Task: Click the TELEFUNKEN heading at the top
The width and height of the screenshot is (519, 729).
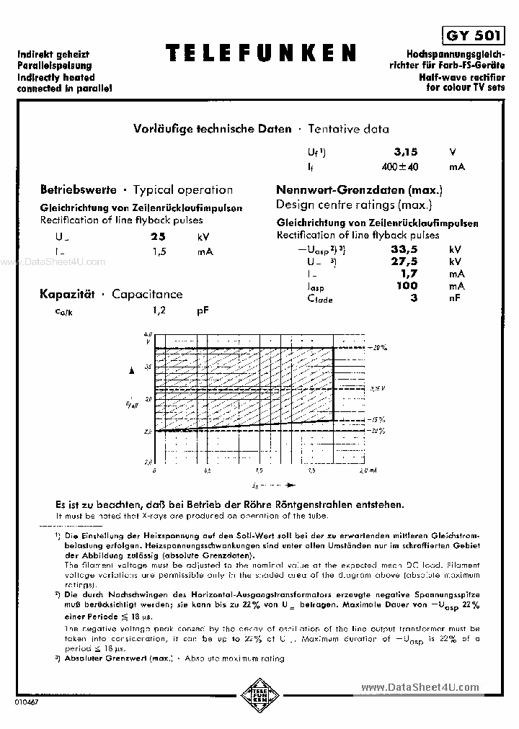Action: [x=260, y=53]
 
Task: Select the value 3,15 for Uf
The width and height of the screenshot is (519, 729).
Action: [x=406, y=152]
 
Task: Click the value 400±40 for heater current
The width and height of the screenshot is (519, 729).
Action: [x=400, y=166]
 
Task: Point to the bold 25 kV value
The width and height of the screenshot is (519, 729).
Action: [x=158, y=236]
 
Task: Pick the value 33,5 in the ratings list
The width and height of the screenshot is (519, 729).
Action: [x=404, y=249]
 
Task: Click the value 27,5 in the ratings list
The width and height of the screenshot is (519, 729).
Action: [x=404, y=261]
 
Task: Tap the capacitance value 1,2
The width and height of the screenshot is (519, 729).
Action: [x=159, y=310]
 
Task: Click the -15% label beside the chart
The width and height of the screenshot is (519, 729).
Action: [x=378, y=419]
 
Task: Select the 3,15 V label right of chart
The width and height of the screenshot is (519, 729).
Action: [x=378, y=388]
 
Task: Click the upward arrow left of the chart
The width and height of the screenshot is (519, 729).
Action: [x=131, y=370]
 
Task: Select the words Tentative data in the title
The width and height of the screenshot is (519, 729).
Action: [x=348, y=130]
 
